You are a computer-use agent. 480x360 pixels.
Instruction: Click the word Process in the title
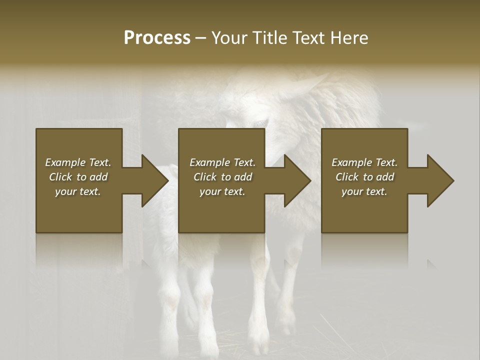[157, 38]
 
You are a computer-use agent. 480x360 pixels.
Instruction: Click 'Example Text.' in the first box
[78, 162]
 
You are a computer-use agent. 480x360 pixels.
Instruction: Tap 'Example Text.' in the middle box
[222, 162]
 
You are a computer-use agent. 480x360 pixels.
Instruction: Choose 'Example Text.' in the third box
[364, 162]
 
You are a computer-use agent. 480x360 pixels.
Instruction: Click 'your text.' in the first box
[78, 191]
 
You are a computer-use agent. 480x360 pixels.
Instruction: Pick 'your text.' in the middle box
[222, 191]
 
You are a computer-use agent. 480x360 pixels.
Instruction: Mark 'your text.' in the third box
[364, 191]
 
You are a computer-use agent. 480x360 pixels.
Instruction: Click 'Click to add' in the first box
[78, 177]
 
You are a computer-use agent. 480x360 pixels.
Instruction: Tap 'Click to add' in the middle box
[222, 177]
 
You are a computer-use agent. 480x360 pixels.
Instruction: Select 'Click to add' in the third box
[364, 177]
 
